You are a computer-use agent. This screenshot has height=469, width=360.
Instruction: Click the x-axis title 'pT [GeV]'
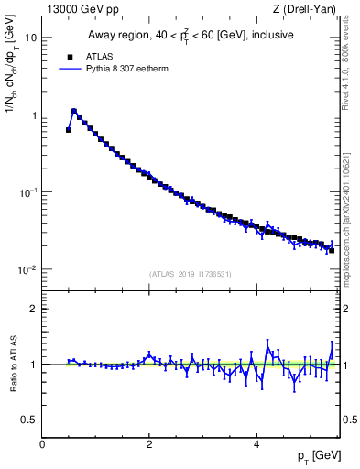[x=313, y=455]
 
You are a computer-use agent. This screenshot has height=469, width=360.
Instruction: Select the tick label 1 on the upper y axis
[x=33, y=115]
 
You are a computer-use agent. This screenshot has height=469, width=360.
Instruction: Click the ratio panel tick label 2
[x=33, y=309]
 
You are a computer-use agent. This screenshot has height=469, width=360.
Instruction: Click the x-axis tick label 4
[x=256, y=444]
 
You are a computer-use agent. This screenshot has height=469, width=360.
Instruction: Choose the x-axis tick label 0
[x=42, y=444]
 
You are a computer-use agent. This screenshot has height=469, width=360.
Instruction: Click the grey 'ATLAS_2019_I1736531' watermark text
[x=191, y=274]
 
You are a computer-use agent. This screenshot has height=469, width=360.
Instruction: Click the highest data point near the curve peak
[x=74, y=111]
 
